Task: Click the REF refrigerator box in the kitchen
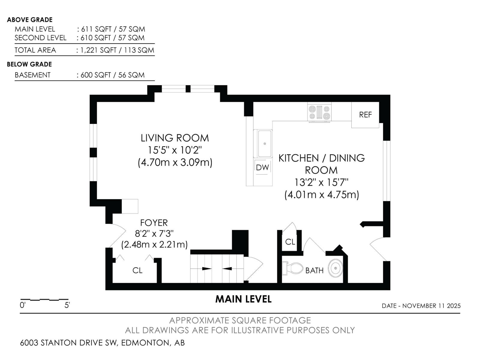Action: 365,115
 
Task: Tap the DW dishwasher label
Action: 262,167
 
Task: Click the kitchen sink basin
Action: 264,144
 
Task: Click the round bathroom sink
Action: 335,268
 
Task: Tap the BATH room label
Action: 314,271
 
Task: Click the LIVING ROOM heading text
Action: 175,138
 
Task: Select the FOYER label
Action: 154,223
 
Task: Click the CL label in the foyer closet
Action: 137,271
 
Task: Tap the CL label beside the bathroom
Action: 290,242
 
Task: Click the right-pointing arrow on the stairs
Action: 206,268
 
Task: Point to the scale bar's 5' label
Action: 67,305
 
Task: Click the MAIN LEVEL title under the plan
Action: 243,299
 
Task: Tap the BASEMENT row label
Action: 33,75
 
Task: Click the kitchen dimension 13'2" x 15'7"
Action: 321,182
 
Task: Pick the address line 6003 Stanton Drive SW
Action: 102,343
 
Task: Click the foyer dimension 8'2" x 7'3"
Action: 154,233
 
